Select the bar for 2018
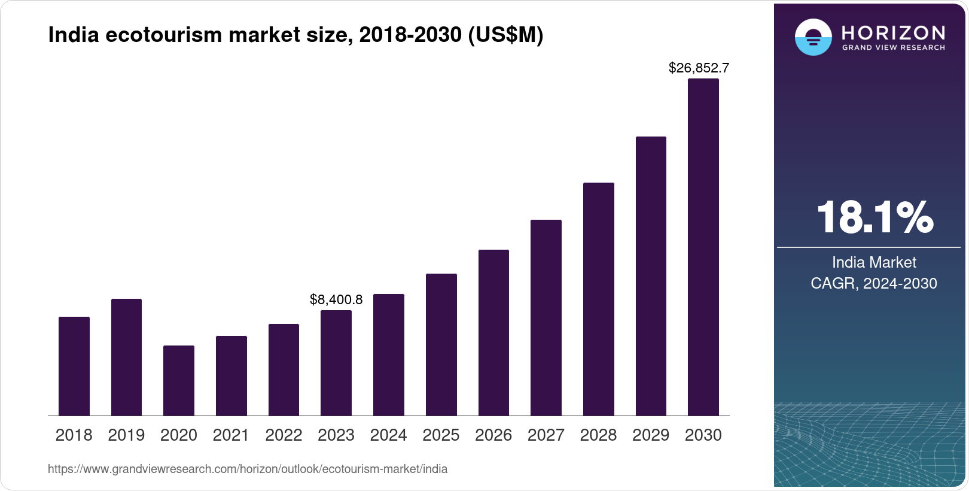(x=74, y=366)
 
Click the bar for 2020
(x=179, y=380)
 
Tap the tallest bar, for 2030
(x=703, y=247)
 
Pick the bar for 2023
(x=336, y=363)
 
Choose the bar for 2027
(x=546, y=317)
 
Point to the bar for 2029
(x=651, y=276)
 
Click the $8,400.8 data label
(x=336, y=299)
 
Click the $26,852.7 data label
(x=699, y=68)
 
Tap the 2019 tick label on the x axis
(x=126, y=435)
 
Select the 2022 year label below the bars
(x=284, y=435)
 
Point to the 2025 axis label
(x=441, y=435)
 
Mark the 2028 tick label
(x=598, y=435)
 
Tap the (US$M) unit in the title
(x=505, y=35)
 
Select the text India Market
(x=874, y=262)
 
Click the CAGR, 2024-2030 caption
(x=874, y=283)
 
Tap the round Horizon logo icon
(x=813, y=37)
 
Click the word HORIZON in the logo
(x=893, y=32)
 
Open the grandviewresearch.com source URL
(x=248, y=469)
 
